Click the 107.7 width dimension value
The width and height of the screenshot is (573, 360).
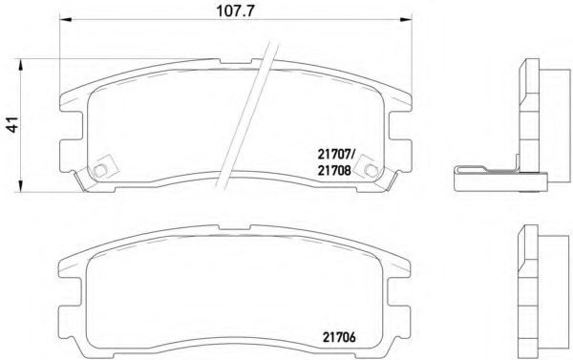click(235, 11)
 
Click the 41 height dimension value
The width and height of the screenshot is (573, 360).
click(13, 125)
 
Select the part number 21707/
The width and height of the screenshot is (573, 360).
click(335, 155)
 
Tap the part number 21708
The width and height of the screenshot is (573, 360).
click(334, 170)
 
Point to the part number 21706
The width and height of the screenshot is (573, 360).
click(339, 337)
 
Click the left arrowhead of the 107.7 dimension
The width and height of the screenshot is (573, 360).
click(65, 19)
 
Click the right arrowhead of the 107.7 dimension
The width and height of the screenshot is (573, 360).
click(406, 19)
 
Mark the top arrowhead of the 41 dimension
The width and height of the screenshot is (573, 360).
click(21, 65)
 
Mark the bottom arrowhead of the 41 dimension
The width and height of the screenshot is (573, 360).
click(21, 185)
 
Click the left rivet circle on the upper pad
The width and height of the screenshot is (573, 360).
click(99, 170)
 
